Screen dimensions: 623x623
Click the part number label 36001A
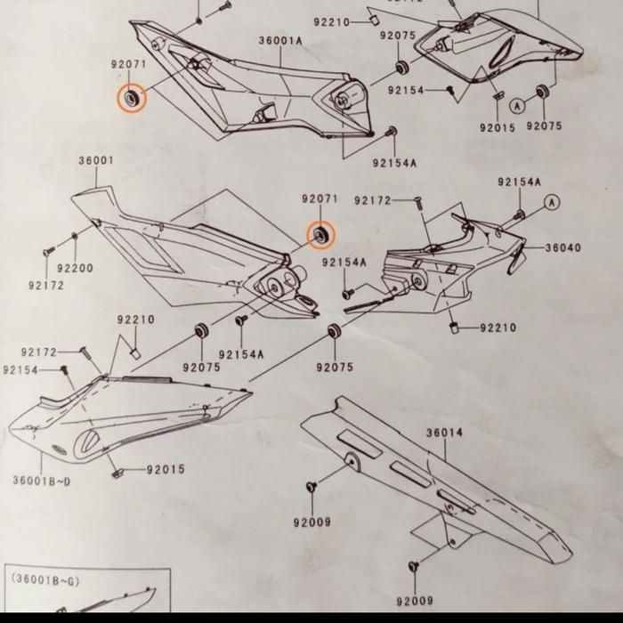[x=281, y=41]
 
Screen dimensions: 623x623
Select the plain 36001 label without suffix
[x=96, y=160]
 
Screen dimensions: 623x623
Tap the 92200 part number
[x=74, y=268]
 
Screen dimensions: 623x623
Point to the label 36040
[x=562, y=247]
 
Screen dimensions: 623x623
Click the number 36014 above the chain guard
[x=443, y=433]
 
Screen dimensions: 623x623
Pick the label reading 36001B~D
[x=42, y=481]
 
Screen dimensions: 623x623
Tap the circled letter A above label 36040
[x=552, y=203]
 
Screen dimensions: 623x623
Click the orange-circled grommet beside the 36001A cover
[x=132, y=97]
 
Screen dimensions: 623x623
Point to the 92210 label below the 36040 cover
[x=498, y=328]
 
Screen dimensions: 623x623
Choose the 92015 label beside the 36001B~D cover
[x=166, y=469]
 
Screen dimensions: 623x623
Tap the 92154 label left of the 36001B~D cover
[x=20, y=370]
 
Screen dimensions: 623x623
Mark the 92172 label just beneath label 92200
[x=46, y=286]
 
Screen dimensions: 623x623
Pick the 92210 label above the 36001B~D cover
[x=135, y=320]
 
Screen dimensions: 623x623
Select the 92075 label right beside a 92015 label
[x=544, y=126]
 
